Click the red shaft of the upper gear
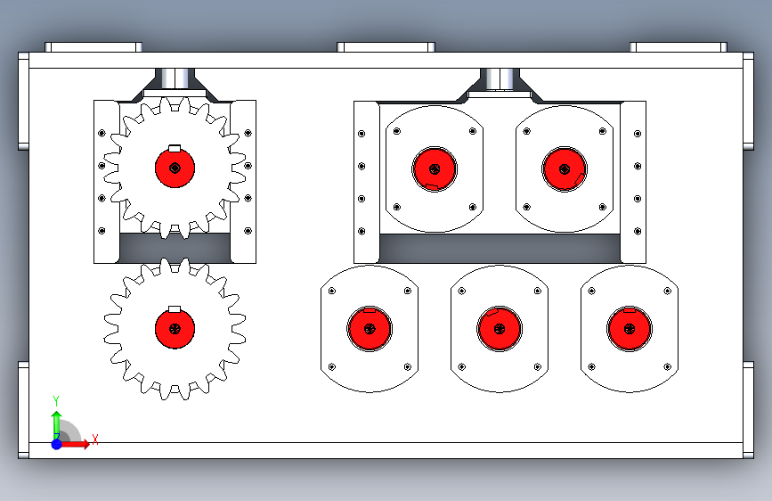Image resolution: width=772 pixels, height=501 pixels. point(175,168)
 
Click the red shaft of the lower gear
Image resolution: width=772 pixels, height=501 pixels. point(175,328)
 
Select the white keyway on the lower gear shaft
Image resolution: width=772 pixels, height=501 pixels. point(175,309)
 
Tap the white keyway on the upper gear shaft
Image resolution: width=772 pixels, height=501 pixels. point(175,148)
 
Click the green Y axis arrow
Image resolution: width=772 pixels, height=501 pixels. point(57,425)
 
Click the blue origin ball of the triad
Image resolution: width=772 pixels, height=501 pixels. point(57,444)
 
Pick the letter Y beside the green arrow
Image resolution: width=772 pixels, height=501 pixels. point(56,400)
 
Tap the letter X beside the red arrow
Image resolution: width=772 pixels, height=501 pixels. point(95,439)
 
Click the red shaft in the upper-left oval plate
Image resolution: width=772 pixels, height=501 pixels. point(435,169)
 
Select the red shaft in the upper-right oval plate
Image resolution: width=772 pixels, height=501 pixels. point(565,169)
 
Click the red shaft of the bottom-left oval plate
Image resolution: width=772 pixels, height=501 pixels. point(370,328)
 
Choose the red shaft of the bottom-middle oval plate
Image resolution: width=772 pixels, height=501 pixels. point(500,328)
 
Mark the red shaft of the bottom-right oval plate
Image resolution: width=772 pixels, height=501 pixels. point(630,328)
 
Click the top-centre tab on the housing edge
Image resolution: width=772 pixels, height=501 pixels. point(386,47)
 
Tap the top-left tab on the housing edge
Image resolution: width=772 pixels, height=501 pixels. point(93,47)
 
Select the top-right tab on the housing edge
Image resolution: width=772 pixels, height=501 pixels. point(679,47)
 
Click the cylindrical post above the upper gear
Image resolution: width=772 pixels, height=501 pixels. point(175,79)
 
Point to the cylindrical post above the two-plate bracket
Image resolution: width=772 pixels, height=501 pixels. point(500,79)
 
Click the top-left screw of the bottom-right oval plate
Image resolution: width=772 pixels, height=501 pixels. point(592,291)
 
